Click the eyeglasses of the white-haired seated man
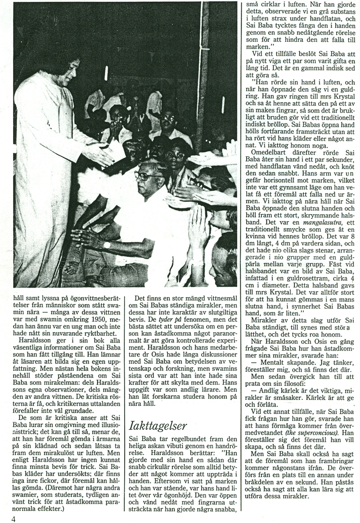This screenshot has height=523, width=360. pyautogui.click(x=144, y=176)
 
